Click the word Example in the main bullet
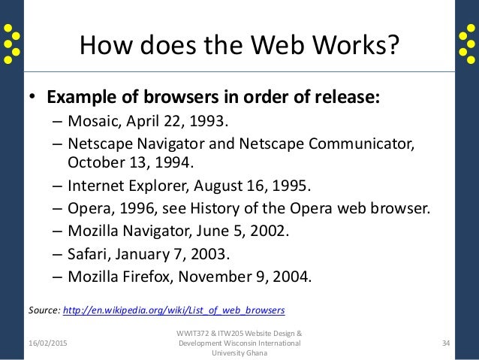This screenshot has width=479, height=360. point(79,99)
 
